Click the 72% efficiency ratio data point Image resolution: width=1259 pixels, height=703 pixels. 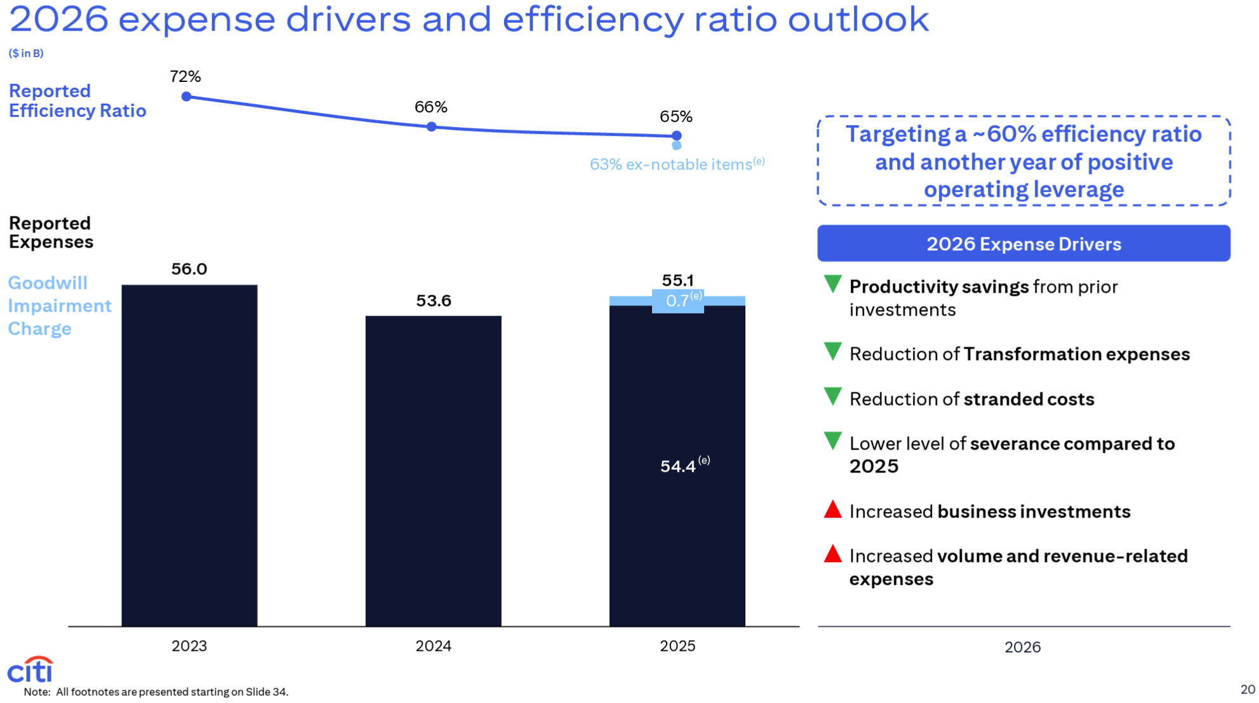pyautogui.click(x=186, y=97)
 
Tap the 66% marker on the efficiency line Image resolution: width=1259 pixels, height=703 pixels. pyautogui.click(x=432, y=127)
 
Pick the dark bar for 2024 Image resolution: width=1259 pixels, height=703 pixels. pyautogui.click(x=433, y=471)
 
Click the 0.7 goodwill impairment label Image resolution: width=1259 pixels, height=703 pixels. pyautogui.click(x=678, y=301)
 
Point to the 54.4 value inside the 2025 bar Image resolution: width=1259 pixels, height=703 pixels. pyautogui.click(x=678, y=466)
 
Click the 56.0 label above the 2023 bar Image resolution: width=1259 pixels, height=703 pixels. pyautogui.click(x=189, y=269)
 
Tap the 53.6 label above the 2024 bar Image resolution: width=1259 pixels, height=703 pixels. pyautogui.click(x=434, y=301)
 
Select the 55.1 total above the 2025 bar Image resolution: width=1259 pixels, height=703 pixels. pyautogui.click(x=677, y=280)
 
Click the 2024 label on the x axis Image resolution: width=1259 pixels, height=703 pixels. pyautogui.click(x=433, y=646)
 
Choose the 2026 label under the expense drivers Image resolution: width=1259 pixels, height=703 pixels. pyautogui.click(x=1022, y=647)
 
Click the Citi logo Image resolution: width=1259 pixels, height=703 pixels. pyautogui.click(x=30, y=670)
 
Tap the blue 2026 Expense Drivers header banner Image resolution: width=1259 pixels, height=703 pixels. pyautogui.click(x=1023, y=244)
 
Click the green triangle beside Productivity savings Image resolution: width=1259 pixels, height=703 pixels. pyautogui.click(x=832, y=284)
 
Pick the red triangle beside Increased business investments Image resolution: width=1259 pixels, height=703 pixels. pyautogui.click(x=832, y=510)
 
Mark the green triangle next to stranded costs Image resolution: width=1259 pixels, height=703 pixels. pyautogui.click(x=832, y=396)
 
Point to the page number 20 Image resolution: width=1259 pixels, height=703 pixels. pyautogui.click(x=1248, y=690)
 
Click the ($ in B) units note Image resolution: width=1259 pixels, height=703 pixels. pyautogui.click(x=26, y=53)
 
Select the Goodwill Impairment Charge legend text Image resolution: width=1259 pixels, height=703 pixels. pyautogui.click(x=59, y=306)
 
